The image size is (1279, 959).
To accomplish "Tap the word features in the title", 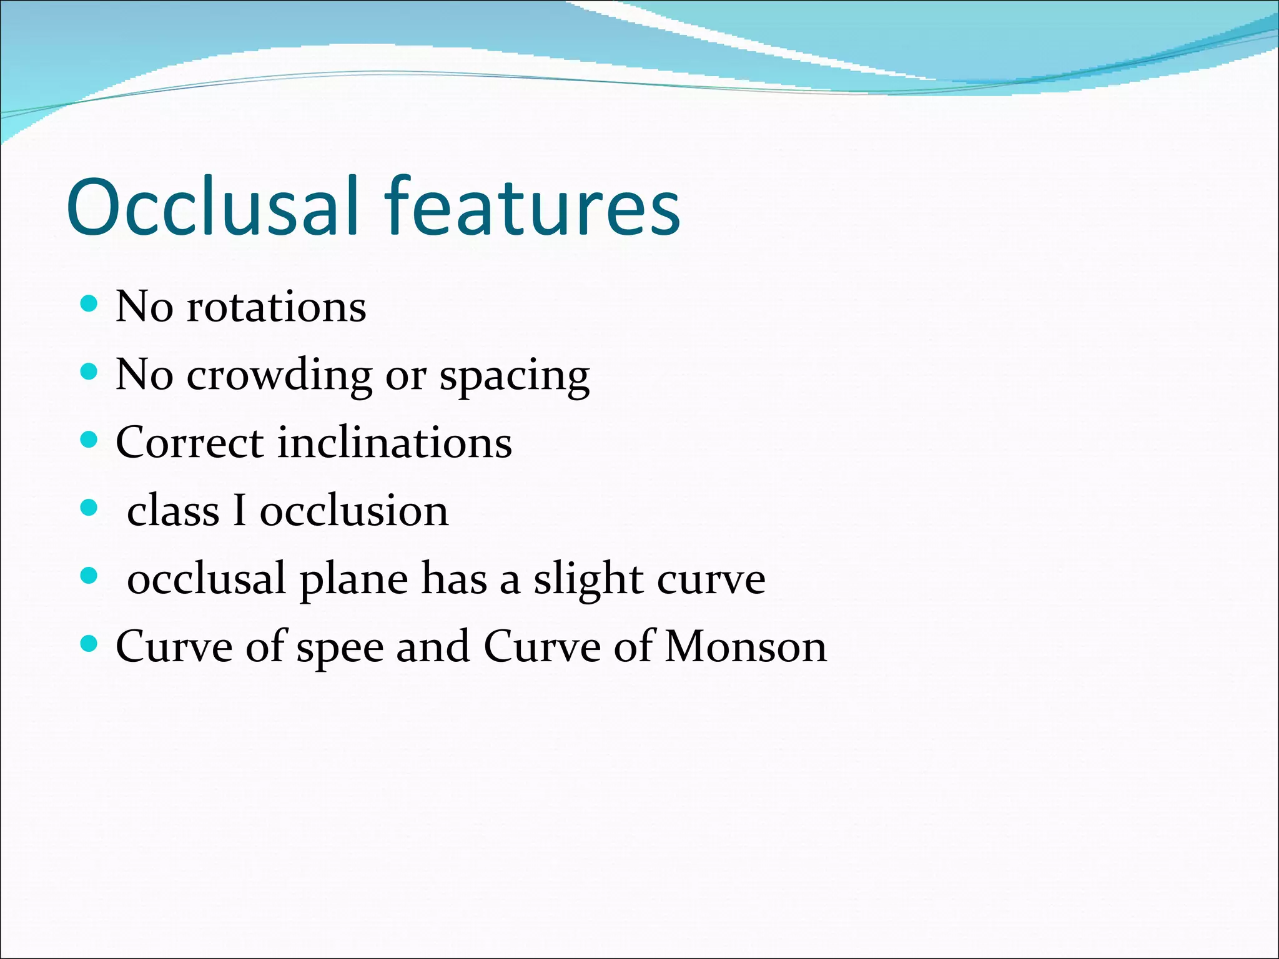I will coord(531,207).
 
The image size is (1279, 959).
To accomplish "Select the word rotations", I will coord(276,307).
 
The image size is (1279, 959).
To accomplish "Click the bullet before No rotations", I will coord(90,305).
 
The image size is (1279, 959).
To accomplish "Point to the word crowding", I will coord(279,376).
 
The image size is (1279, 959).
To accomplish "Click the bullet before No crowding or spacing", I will coord(90,373).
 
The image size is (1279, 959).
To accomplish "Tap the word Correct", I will coord(190,443).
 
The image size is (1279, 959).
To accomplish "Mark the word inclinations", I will coord(395,443).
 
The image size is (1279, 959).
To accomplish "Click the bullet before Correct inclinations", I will coord(90,440).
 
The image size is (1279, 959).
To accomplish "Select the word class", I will coord(173,511).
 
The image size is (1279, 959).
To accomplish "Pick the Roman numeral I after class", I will coord(239,511).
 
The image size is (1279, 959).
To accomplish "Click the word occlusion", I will coord(354,511).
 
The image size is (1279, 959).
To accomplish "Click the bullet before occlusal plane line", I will coord(90,576).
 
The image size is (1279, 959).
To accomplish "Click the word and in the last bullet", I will coord(433,647).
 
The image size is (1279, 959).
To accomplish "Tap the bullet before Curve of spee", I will coord(90,643).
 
